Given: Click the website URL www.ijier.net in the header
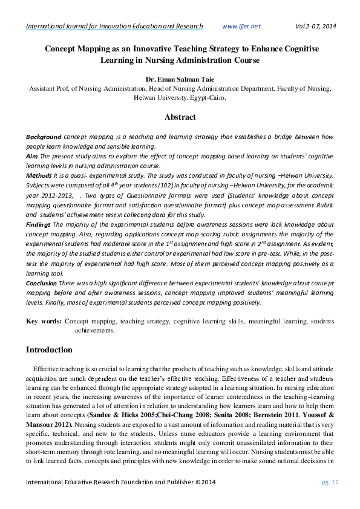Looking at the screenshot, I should pos(241,27).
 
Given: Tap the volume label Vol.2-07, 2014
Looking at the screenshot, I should pos(315,27).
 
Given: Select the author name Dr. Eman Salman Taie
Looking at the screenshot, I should pos(180,79).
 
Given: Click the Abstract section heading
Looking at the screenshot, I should pos(180,117).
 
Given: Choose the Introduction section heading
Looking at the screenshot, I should pos(49,350).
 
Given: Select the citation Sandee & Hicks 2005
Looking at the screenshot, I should pos(123,417).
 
